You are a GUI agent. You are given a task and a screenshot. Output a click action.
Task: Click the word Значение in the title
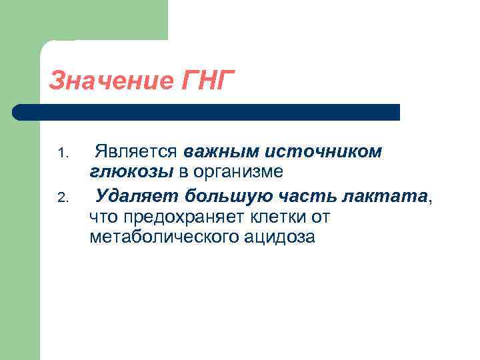(110, 81)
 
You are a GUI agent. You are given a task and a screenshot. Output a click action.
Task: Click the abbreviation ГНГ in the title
(207, 81)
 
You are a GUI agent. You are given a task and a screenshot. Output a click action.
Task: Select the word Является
(137, 152)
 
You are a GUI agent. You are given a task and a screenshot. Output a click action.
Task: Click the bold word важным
(218, 152)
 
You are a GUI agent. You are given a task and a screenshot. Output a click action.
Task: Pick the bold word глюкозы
(131, 172)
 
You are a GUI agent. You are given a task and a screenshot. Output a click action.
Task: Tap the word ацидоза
(281, 237)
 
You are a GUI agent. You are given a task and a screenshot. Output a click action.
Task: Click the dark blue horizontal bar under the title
(213, 112)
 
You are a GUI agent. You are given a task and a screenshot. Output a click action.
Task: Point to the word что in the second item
(103, 217)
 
